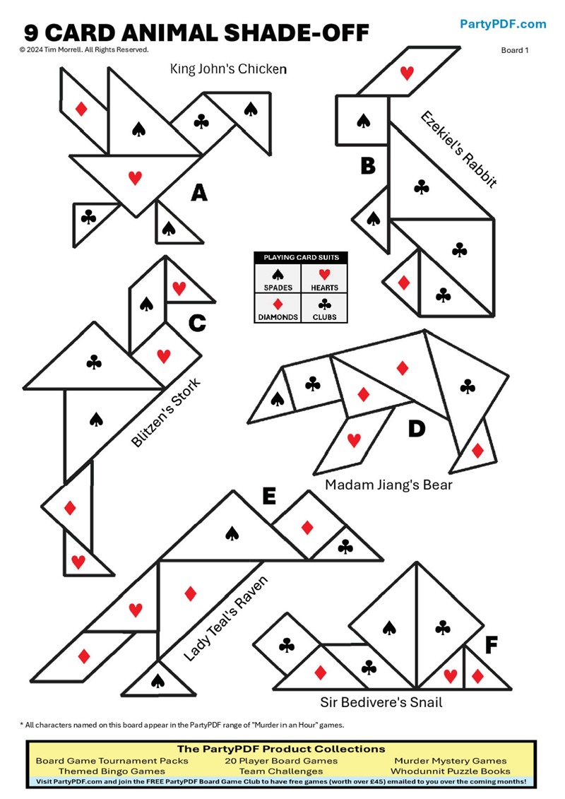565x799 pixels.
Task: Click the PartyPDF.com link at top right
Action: pos(503,24)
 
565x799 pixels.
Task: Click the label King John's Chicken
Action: pos(228,69)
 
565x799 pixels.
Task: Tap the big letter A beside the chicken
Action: pos(199,192)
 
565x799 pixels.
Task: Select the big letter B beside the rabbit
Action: pos(368,167)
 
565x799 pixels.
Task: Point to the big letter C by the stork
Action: pos(197,324)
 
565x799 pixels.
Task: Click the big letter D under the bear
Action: pos(417,429)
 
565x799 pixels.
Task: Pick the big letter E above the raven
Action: pos(268,497)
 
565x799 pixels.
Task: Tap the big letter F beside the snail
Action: pos(492,645)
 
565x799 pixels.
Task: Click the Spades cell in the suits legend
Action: pos(278,278)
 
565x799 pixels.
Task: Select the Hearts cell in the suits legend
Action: pos(324,278)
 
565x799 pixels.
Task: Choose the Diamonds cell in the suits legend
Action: pos(278,308)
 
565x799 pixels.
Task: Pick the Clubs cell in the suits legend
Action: pos(324,308)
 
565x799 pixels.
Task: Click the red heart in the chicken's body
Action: pos(135,178)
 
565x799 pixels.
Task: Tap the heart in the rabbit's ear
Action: pos(407,72)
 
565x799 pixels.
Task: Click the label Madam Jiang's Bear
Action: pos(388,485)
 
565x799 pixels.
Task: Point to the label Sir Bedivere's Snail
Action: pos(381,702)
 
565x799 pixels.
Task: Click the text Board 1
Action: pos(515,50)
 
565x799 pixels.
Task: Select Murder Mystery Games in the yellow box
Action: pos(450,761)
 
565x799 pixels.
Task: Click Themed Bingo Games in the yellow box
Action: pos(112,771)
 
